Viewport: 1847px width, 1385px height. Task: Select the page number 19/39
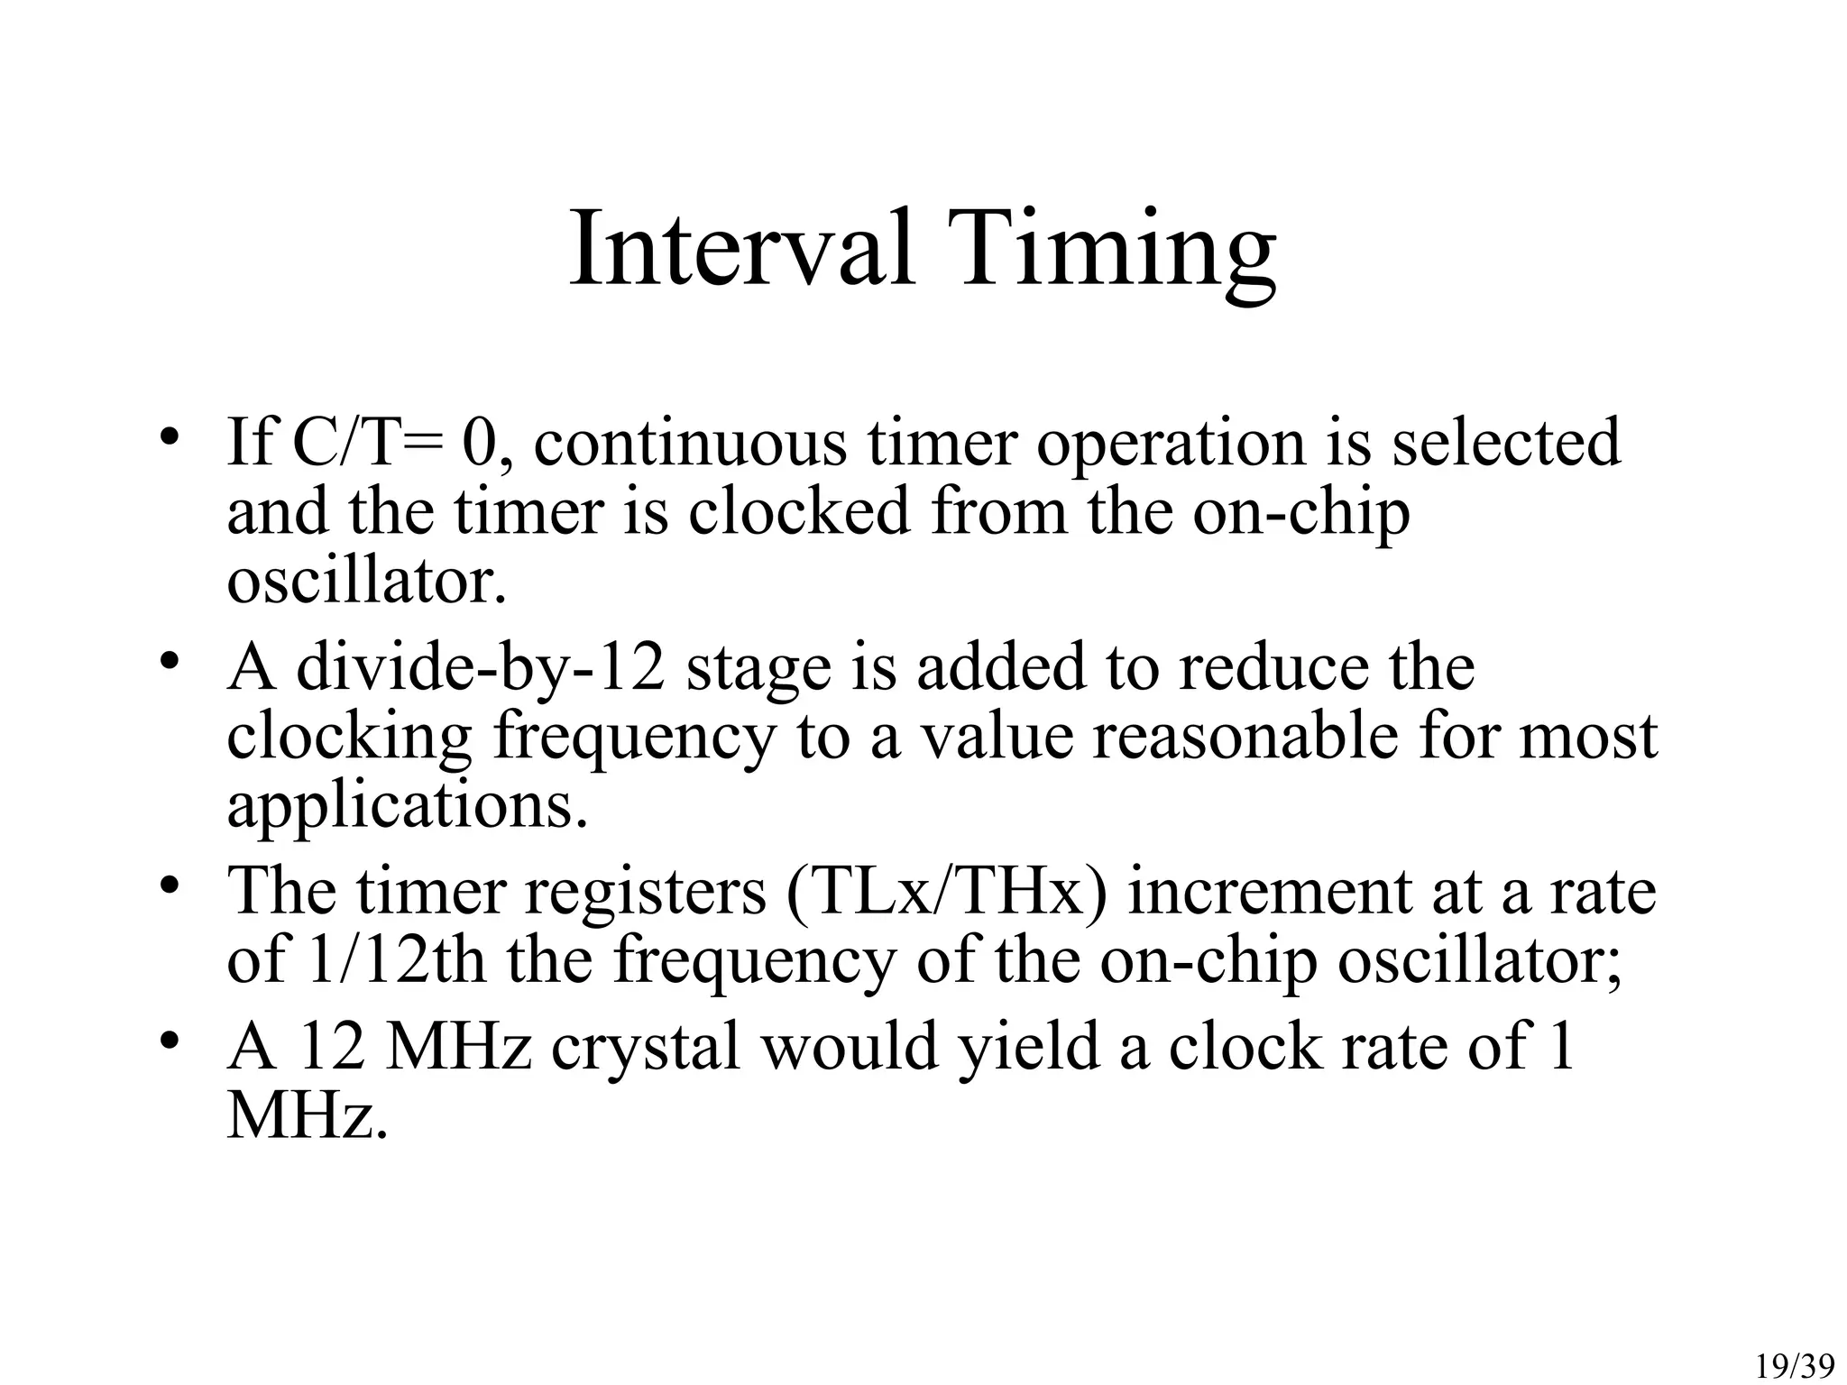(1795, 1367)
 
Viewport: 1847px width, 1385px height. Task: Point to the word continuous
(690, 443)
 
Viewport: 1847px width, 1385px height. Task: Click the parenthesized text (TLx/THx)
(946, 892)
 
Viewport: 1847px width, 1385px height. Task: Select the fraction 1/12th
(396, 960)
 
